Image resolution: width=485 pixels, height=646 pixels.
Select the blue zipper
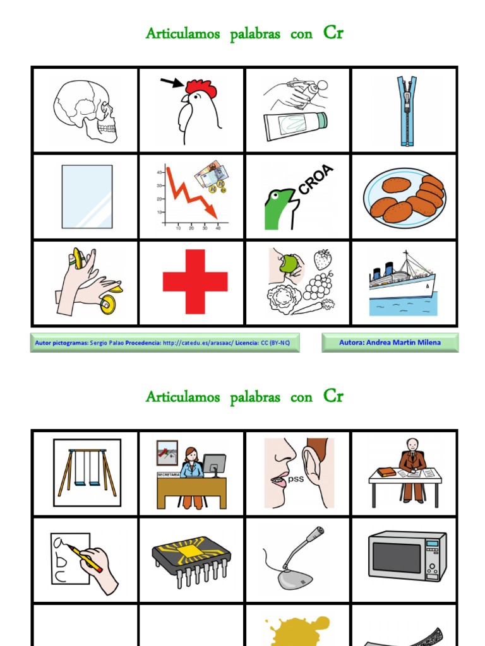coord(405,110)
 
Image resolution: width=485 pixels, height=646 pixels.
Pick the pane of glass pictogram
coord(87,197)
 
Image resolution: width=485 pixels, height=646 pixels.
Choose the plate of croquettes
coord(405,197)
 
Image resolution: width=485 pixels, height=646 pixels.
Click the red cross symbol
coord(195,281)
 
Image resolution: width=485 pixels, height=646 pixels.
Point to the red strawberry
coord(323,259)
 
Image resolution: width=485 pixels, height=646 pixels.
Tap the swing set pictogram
coord(87,473)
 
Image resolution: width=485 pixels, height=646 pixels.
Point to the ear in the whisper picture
coord(316,470)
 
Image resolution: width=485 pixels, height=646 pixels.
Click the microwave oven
coord(407,556)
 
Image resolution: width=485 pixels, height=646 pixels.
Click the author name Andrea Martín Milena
coord(390,343)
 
